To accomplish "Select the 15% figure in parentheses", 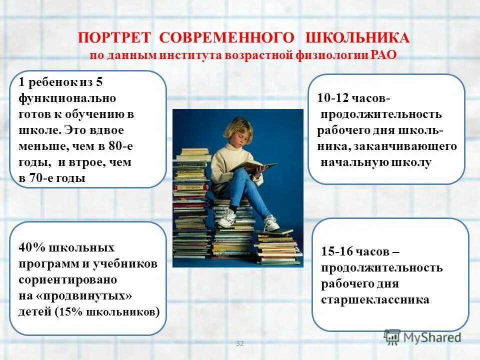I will pyautogui.click(x=68, y=312).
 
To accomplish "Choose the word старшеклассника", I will pyautogui.click(x=375, y=300).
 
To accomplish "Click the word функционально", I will pyautogui.click(x=67, y=98).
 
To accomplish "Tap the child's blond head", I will pyautogui.click(x=239, y=127).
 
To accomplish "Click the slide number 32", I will pyautogui.click(x=239, y=343).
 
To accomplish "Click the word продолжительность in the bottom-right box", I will pyautogui.click(x=381, y=268).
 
